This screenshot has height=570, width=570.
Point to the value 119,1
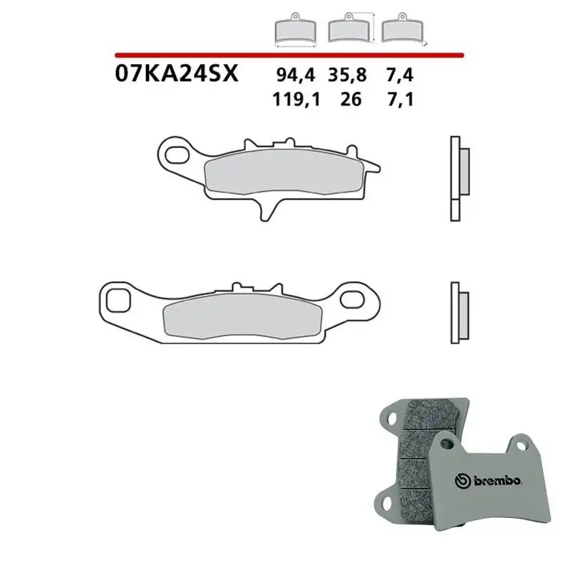coord(296,99)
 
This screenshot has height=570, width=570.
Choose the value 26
coord(351,99)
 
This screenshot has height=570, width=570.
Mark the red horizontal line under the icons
coord(289,54)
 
